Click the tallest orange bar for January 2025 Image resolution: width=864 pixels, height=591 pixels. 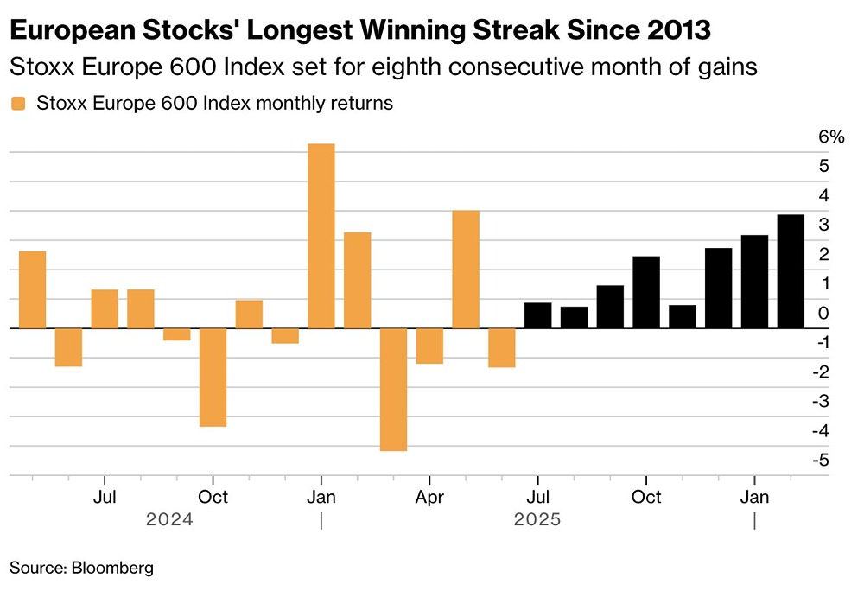pos(321,236)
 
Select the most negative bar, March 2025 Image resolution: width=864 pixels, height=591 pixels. pos(393,389)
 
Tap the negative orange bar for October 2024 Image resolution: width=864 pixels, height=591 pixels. pos(213,377)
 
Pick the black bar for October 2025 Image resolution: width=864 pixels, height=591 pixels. pos(646,292)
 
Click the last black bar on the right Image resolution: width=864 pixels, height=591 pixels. pos(791,271)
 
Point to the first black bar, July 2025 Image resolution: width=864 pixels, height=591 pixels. pos(537,315)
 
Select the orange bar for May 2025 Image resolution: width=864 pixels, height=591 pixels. pos(466,270)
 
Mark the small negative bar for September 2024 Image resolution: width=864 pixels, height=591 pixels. pos(176,334)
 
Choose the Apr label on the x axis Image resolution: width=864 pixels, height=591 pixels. pos(429,497)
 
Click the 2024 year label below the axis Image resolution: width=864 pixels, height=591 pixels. pos(169,520)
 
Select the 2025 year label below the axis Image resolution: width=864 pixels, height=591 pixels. pos(537,520)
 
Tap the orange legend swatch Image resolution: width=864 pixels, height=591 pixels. pos(17,104)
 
